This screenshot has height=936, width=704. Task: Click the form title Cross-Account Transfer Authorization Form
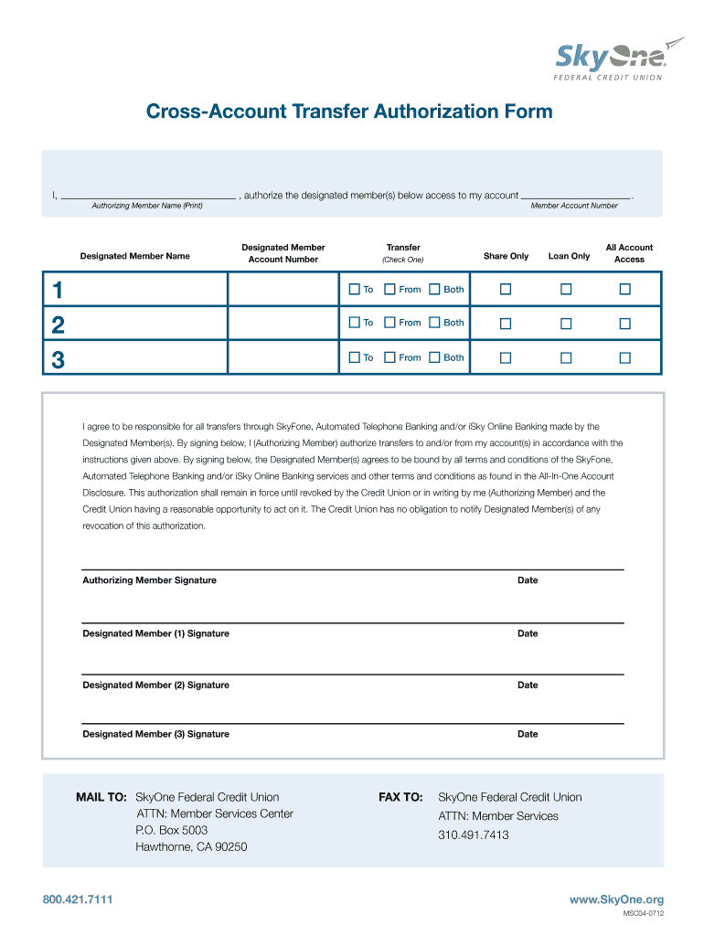(350, 112)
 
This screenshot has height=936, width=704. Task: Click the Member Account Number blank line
(575, 195)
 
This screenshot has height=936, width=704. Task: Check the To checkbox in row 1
(355, 290)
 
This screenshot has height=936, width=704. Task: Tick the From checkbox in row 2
(389, 323)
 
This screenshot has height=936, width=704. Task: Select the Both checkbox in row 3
(434, 357)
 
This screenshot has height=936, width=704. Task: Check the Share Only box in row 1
(506, 290)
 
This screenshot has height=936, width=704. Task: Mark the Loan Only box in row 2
(566, 323)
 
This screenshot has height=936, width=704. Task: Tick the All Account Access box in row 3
(625, 357)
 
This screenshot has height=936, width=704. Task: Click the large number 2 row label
(58, 324)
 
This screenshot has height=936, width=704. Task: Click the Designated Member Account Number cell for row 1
(283, 290)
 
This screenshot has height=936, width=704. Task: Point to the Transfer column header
(403, 248)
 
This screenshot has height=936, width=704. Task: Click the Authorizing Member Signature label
(150, 580)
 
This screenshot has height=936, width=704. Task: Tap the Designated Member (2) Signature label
(156, 685)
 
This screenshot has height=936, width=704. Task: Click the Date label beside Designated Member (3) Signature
(528, 734)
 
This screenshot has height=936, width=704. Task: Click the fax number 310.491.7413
(474, 835)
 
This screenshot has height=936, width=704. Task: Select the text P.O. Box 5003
(172, 830)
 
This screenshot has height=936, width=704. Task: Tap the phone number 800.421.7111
(78, 900)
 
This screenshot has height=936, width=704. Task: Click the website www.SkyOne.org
(616, 900)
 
